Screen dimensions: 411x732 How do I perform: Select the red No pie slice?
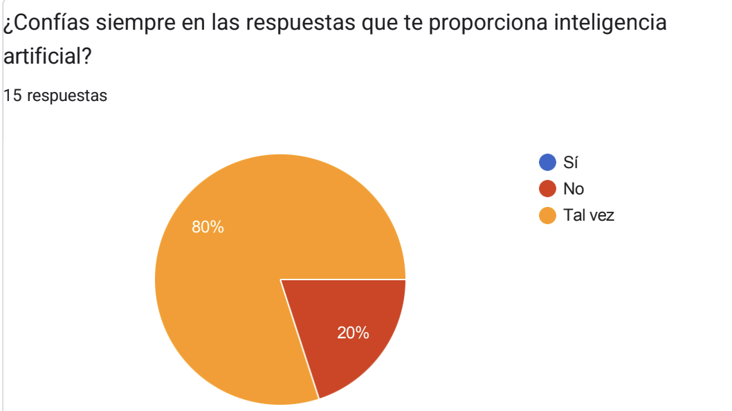click(x=346, y=325)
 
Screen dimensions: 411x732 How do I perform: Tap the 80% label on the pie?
click(x=208, y=227)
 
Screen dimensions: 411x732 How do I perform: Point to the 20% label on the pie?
click(x=353, y=333)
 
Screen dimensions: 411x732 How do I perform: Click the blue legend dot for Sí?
click(x=547, y=163)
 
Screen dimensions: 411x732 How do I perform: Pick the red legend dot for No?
click(x=547, y=189)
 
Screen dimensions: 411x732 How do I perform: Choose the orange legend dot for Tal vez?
click(x=547, y=215)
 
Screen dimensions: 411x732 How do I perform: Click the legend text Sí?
click(x=571, y=163)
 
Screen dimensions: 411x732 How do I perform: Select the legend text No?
click(x=574, y=189)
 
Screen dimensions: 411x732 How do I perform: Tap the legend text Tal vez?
click(x=589, y=215)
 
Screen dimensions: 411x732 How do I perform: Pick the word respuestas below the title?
click(x=68, y=96)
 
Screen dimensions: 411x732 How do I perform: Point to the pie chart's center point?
click(x=280, y=280)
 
